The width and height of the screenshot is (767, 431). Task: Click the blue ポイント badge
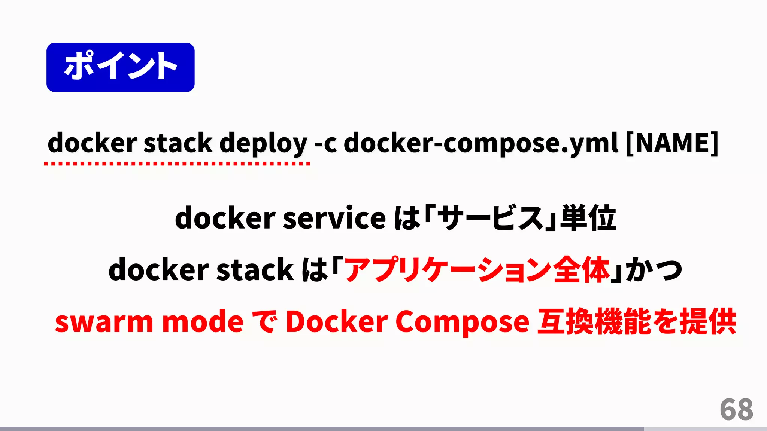pyautogui.click(x=120, y=67)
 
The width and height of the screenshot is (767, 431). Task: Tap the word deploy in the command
pyautogui.click(x=263, y=144)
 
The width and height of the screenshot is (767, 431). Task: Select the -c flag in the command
pyautogui.click(x=325, y=143)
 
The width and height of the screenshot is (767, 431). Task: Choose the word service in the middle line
pyautogui.click(x=334, y=218)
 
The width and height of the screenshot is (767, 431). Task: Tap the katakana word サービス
pyautogui.click(x=490, y=218)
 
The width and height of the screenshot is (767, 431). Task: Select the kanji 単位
pyautogui.click(x=588, y=218)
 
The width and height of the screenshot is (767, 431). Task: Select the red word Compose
pyautogui.click(x=462, y=322)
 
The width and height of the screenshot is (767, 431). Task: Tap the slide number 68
pyautogui.click(x=736, y=410)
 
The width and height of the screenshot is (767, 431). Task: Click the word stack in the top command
pyautogui.click(x=178, y=143)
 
